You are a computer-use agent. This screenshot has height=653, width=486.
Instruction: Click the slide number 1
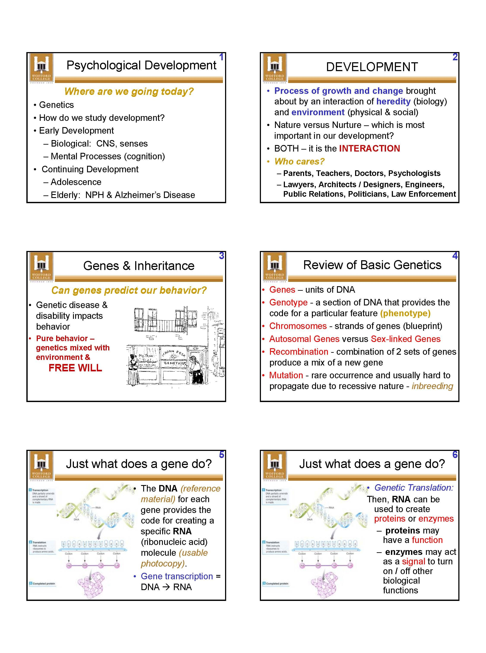[x=221, y=57]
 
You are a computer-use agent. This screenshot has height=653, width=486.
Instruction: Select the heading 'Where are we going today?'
[x=129, y=92]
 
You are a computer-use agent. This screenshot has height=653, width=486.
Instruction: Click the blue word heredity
[x=393, y=101]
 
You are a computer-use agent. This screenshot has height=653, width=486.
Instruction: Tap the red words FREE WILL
[x=75, y=368]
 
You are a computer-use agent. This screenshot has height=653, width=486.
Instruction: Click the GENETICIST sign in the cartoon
[x=175, y=363]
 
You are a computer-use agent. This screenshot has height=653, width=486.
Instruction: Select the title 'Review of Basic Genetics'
[x=372, y=265]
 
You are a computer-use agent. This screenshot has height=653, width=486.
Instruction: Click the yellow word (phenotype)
[x=405, y=313]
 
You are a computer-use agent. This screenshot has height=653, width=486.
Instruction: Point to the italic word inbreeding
[x=432, y=386]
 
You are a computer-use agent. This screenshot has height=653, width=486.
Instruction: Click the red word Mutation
[x=286, y=375]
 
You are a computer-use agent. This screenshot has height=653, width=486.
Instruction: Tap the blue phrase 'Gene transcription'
[x=177, y=576]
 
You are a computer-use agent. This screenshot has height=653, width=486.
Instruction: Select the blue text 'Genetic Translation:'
[x=414, y=488]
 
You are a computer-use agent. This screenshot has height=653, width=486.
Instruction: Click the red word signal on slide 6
[x=413, y=561]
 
